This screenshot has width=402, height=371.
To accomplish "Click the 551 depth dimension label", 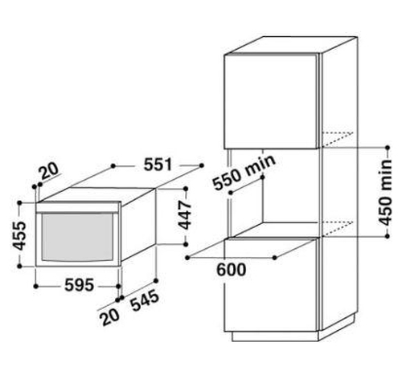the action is [x=158, y=165].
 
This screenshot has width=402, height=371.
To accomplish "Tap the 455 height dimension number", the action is [x=20, y=235].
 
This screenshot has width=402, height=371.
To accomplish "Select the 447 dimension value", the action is [x=185, y=215].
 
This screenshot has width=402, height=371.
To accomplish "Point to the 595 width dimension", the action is [x=80, y=285].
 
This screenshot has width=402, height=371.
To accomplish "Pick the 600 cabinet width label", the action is [x=231, y=270].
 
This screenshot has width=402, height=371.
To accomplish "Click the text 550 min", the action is [x=244, y=173].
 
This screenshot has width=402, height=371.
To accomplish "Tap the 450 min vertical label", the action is [x=385, y=193].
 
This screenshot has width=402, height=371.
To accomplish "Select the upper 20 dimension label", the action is [x=50, y=171].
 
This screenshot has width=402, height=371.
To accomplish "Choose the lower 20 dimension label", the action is [x=109, y=316].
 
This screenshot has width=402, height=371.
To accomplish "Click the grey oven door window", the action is [x=78, y=237].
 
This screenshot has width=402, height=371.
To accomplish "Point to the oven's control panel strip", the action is [x=78, y=207].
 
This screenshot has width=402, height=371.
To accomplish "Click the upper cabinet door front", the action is [x=271, y=101].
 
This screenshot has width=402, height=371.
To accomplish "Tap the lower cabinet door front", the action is [x=271, y=284].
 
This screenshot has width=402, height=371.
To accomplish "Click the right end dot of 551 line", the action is [x=202, y=166].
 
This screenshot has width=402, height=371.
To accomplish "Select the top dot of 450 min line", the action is [x=388, y=148].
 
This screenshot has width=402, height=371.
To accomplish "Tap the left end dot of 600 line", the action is [x=187, y=258].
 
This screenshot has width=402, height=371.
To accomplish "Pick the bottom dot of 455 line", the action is [x=19, y=266].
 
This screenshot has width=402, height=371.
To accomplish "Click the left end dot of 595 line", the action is [x=36, y=287].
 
